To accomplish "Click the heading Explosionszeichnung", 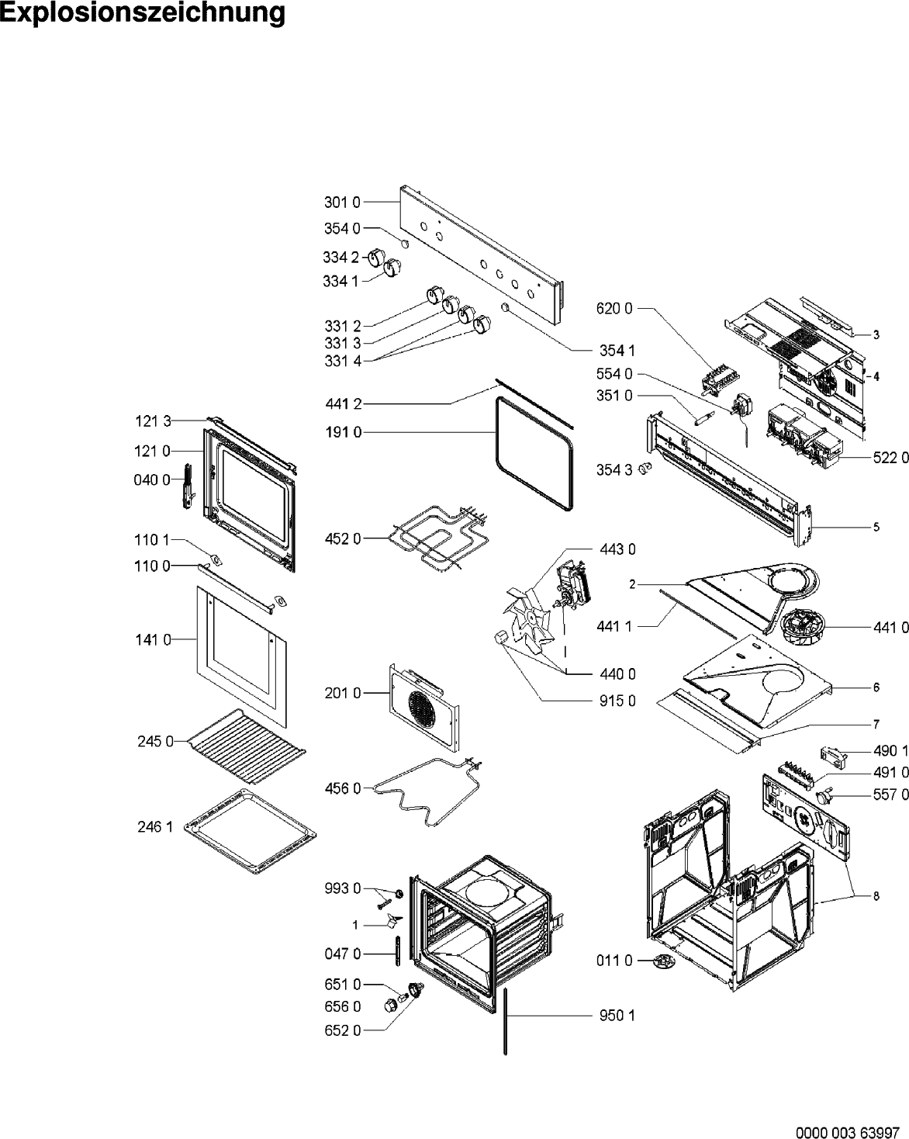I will tap(143, 14).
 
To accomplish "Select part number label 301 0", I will tap(341, 203).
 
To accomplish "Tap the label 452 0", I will tap(341, 538).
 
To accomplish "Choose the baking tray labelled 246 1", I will tap(250, 831).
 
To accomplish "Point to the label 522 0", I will tap(890, 459).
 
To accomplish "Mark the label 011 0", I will tap(615, 961).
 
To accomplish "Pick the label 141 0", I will tap(152, 640).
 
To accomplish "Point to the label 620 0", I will tap(614, 309).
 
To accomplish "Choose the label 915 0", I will tap(617, 701).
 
